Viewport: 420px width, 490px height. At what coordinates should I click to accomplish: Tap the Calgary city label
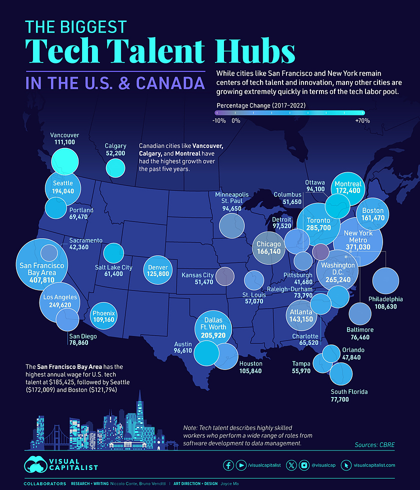click(115, 146)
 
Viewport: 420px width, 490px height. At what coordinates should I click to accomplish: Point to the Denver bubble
click(158, 270)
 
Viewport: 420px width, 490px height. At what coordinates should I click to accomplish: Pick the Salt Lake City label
click(113, 267)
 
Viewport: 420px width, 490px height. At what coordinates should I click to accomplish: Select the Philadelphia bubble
click(385, 280)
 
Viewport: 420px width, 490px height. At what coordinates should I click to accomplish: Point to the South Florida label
click(349, 391)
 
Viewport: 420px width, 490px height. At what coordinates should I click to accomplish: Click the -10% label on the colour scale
click(219, 120)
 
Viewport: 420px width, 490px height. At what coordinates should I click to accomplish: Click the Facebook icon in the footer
click(228, 465)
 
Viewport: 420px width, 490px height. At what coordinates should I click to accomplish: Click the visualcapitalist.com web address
click(374, 465)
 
